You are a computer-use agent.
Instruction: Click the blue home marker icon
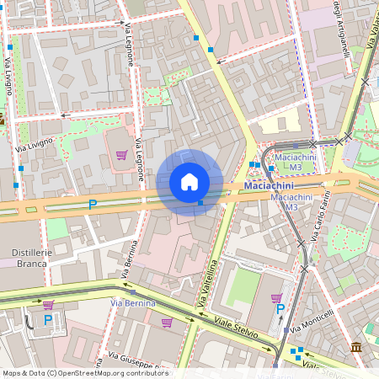[189, 182]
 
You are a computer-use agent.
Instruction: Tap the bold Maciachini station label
[269, 185]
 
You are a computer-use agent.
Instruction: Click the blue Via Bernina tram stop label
[133, 302]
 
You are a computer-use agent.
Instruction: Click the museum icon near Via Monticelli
[356, 347]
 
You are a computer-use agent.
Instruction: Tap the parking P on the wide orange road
[93, 204]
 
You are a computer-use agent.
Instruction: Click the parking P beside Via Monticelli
[280, 309]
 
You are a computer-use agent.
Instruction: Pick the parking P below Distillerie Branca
[48, 319]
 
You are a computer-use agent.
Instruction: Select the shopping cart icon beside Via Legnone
[121, 155]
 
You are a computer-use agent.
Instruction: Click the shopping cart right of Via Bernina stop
[167, 323]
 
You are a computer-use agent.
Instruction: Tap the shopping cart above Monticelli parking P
[276, 297]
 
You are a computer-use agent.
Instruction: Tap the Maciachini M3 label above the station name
[295, 163]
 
